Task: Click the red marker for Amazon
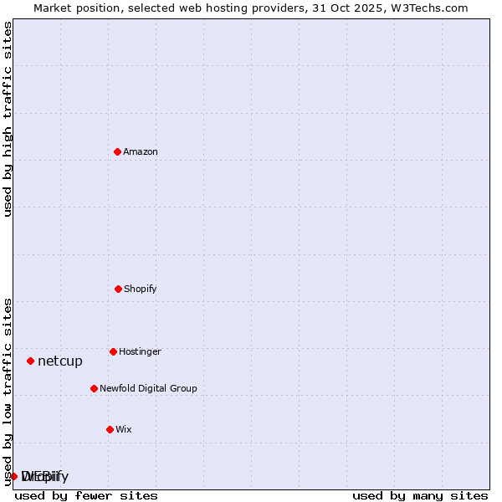pos(117,151)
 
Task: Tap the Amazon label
pos(141,152)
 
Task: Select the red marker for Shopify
pos(118,289)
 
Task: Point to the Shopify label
pos(141,289)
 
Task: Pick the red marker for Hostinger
pos(113,351)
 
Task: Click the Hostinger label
pos(140,352)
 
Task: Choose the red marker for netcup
pos(30,361)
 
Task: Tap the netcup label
pos(60,361)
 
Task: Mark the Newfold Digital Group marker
pos(94,388)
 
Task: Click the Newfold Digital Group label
pos(148,389)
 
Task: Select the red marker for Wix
pos(110,429)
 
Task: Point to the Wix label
pos(124,430)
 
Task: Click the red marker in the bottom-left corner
pos(13,476)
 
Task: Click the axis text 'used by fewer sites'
pos(86,496)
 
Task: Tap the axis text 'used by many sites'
pos(420,496)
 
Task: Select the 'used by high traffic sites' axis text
pos(8,119)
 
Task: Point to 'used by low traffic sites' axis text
pos(8,391)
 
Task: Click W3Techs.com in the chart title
pos(431,8)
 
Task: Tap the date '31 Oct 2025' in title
pos(355,8)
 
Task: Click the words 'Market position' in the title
pos(73,8)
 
